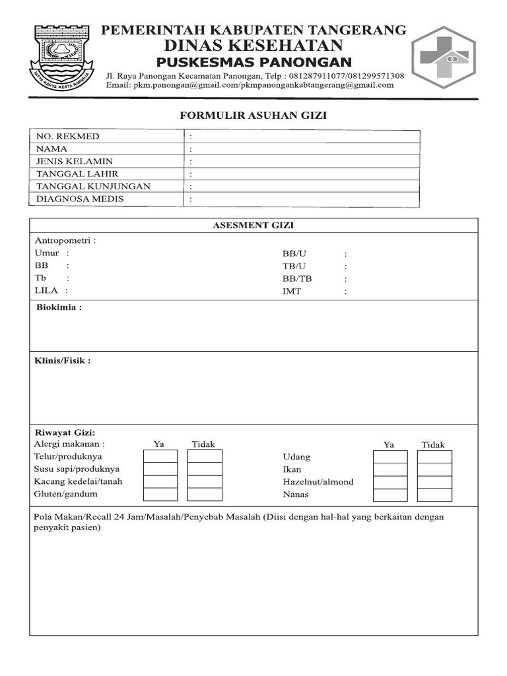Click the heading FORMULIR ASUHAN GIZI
[253, 116]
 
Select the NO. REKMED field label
[67, 136]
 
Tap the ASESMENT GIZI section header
[253, 225]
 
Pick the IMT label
[292, 291]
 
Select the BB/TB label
[297, 279]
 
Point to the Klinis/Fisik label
[62, 360]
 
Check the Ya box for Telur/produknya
[160, 457]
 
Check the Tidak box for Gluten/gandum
[205, 494]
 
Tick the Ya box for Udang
[390, 457]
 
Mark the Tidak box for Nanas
[435, 494]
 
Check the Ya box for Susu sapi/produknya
[160, 469]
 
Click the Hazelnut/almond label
[318, 482]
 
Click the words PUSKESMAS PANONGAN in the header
[253, 62]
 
